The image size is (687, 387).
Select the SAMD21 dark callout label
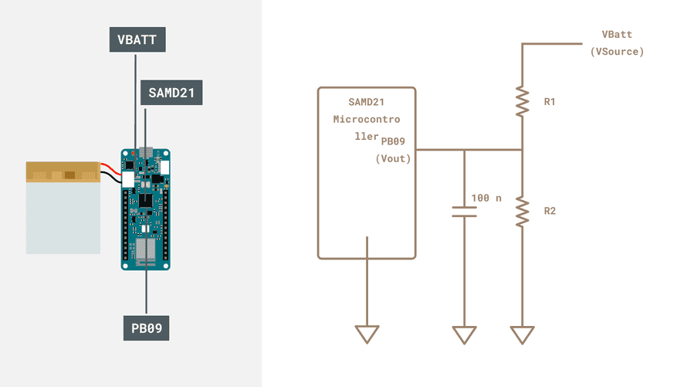coord(171,93)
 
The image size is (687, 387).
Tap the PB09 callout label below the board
coord(147,328)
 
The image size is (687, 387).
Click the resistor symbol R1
coord(523,101)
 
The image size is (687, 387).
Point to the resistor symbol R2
coord(523,212)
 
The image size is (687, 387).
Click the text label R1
coord(550,101)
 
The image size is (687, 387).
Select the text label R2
coord(550,211)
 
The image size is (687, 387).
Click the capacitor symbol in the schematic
coord(464,212)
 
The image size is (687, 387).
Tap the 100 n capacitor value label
coord(486,198)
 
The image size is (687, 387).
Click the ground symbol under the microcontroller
coord(367,334)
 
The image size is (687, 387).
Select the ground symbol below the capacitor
coord(464,334)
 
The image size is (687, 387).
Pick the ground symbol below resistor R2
coord(523,334)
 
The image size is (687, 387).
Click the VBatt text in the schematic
coord(617,35)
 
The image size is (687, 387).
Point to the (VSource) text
coord(617,52)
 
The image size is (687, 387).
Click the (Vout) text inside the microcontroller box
coord(393,158)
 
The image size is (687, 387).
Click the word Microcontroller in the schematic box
coord(366,120)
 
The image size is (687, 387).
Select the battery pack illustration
coord(63,207)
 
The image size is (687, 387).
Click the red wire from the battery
coord(110,167)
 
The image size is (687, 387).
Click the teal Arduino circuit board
coord(145,209)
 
